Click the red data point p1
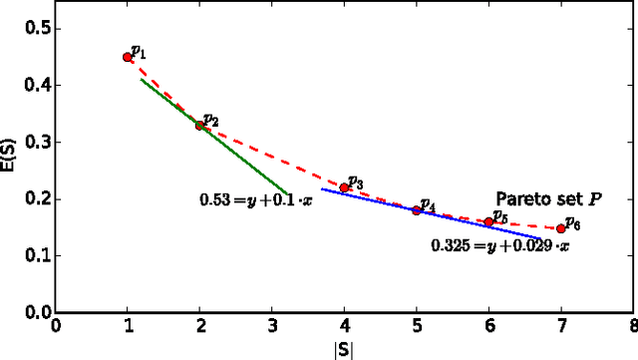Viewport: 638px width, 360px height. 128,57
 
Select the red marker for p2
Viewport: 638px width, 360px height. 199,126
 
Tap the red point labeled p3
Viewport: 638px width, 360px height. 345,187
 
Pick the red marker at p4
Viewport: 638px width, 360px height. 417,209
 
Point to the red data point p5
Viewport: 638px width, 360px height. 488,221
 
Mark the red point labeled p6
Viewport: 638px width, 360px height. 561,228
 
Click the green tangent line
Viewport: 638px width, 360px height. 249,161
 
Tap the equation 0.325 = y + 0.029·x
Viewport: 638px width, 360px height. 500,244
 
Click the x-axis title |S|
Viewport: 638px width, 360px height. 345,350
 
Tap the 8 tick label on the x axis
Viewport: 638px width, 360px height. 633,324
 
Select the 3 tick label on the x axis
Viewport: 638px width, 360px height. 272,324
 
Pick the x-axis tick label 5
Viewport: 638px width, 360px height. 417,324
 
